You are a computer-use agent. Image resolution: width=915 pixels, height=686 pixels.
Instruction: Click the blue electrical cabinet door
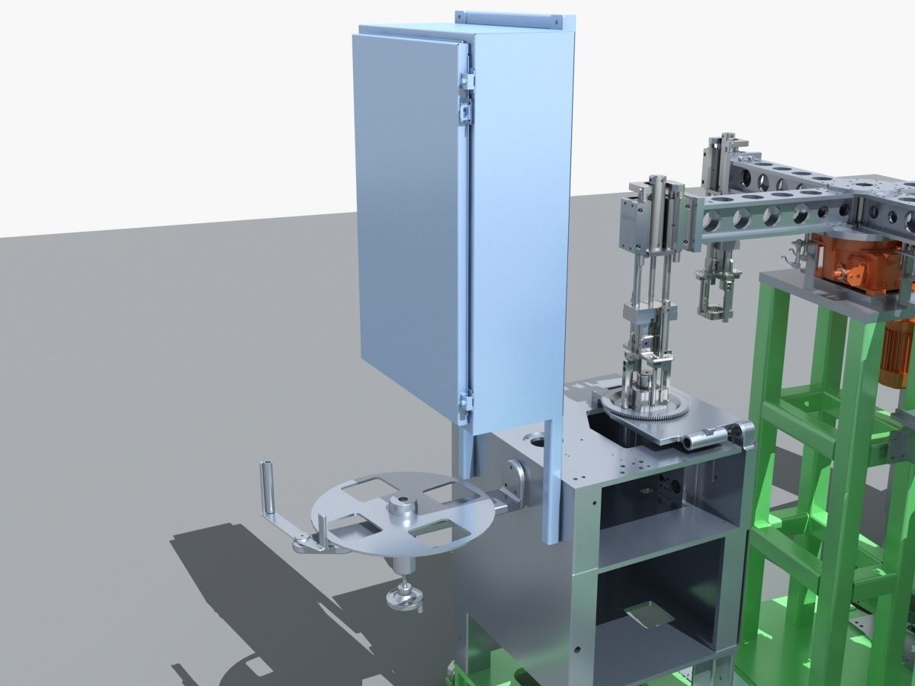[x=408, y=221]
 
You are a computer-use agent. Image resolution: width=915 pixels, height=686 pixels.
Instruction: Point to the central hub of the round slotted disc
[x=402, y=506]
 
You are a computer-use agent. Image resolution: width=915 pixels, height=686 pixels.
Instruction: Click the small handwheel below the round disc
[x=404, y=598]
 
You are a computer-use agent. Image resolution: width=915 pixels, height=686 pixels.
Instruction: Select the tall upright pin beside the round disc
[x=268, y=488]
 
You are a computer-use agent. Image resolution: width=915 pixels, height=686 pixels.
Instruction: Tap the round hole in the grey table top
[x=535, y=438]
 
